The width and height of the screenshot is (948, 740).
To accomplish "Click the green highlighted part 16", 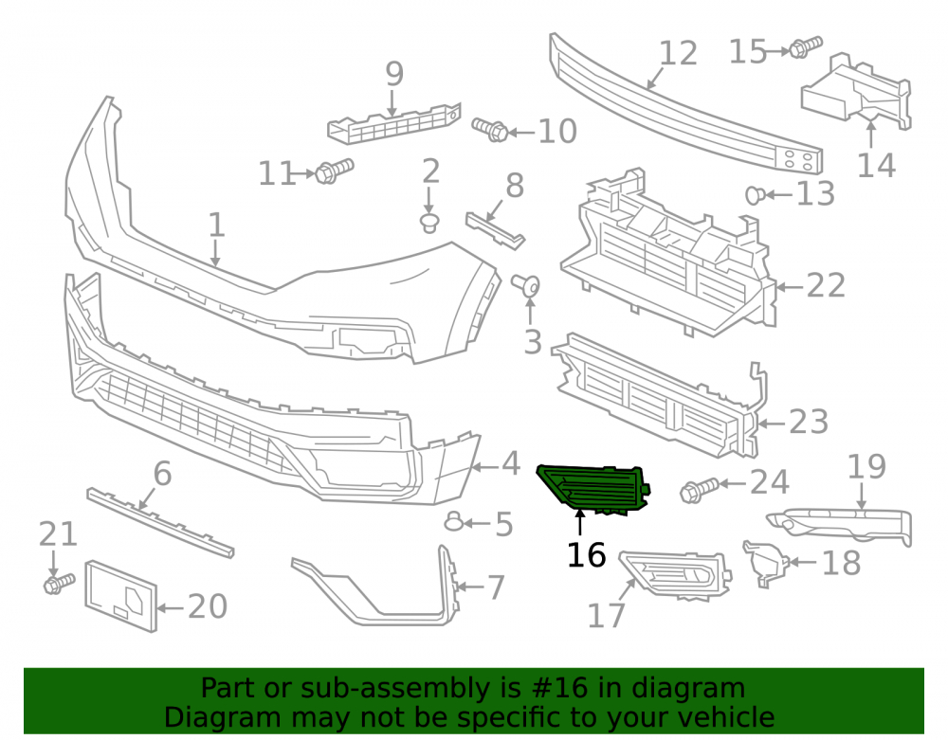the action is (x=592, y=489).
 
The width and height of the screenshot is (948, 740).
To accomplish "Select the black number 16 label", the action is (x=586, y=555).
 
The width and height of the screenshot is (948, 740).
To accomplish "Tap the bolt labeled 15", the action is (x=806, y=47).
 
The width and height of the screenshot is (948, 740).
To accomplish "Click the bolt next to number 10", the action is (x=490, y=129).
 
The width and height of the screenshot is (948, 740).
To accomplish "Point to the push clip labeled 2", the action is (x=429, y=223).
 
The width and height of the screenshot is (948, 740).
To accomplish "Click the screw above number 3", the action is (x=526, y=285).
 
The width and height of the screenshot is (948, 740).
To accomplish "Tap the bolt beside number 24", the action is (x=700, y=489).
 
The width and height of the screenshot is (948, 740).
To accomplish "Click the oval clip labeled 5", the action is (x=454, y=521).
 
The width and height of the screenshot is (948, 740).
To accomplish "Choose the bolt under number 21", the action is (x=59, y=584).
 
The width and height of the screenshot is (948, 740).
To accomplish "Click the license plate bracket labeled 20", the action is (x=121, y=596).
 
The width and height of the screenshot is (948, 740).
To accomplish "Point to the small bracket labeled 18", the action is (x=765, y=563).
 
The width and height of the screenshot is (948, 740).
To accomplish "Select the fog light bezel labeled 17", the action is (x=675, y=575).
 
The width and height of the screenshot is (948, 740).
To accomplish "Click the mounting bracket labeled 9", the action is (x=394, y=124).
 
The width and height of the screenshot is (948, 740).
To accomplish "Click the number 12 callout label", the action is (x=678, y=53).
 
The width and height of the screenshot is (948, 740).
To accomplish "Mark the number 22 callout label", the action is (x=826, y=285).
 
